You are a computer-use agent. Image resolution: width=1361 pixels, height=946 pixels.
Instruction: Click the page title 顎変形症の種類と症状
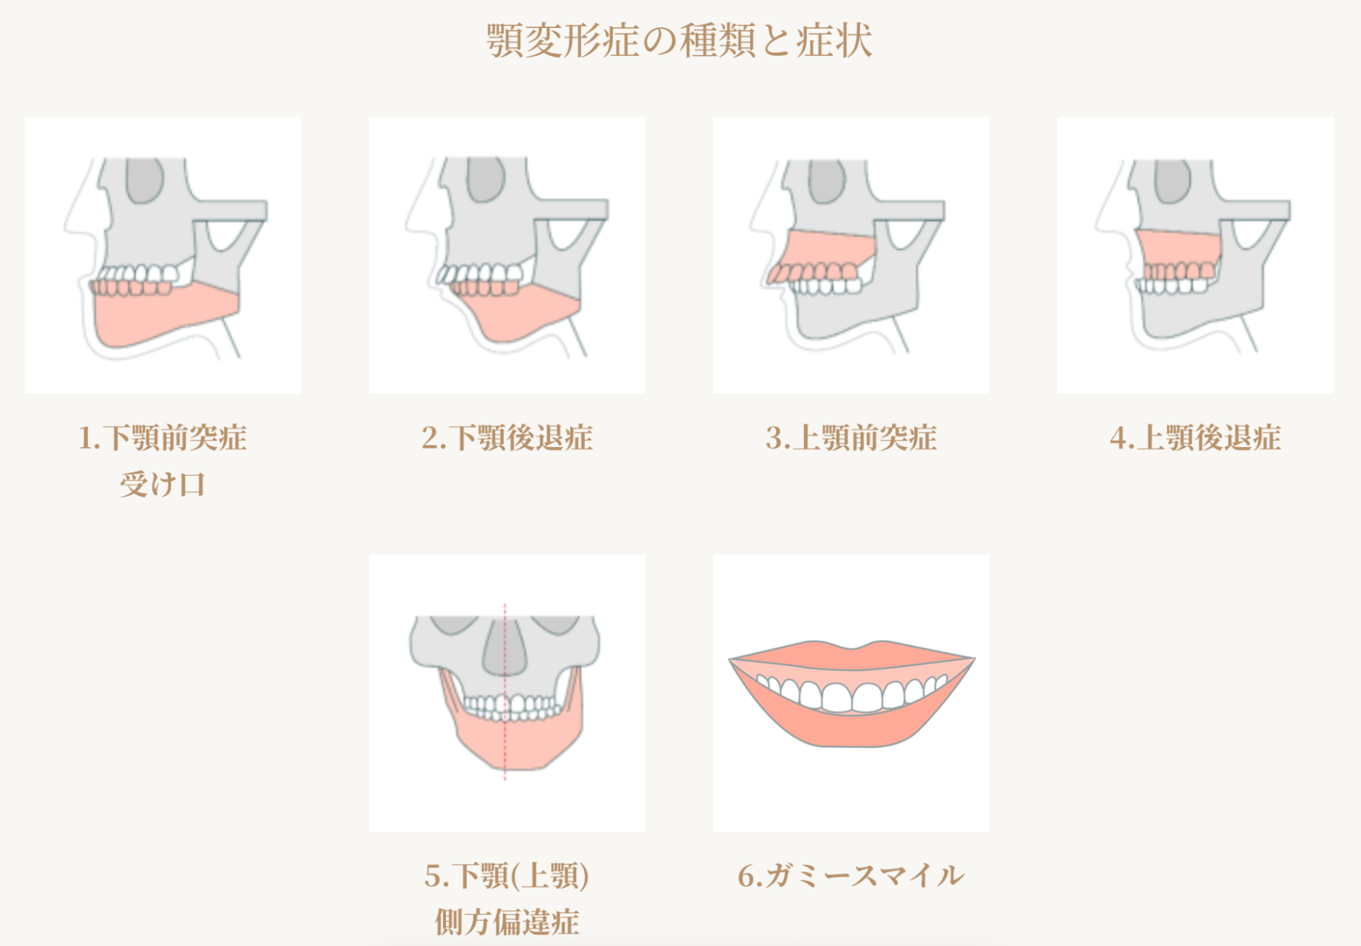coord(679,41)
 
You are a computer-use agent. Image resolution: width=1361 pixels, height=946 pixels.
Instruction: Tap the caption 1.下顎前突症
coord(163,438)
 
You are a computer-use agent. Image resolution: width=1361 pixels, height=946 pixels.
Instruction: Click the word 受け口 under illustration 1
coord(163,485)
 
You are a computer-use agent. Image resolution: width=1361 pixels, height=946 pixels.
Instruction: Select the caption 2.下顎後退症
coord(507,438)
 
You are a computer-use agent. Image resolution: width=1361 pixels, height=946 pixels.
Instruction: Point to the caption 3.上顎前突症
coord(851,438)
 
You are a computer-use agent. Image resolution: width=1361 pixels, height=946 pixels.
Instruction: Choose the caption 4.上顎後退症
coord(1196,438)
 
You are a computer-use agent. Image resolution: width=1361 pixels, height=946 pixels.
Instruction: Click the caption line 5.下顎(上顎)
coord(507,876)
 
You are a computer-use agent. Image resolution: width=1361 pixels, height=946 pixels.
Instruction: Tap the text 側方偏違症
coord(507,922)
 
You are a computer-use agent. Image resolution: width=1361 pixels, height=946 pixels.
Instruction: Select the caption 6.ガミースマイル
coord(851,876)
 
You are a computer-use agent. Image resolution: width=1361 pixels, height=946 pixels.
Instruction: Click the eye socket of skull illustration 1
coord(145,181)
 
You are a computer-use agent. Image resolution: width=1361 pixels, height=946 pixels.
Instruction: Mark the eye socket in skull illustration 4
coord(1172,181)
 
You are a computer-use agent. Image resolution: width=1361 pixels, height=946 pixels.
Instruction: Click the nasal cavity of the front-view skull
coord(505,650)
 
